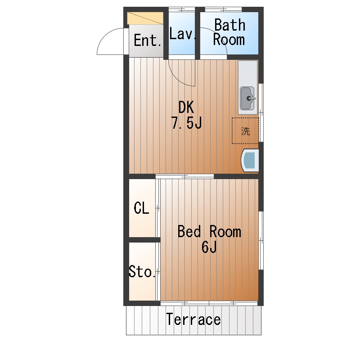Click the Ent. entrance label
pos(148,40)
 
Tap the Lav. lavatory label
pos(183,34)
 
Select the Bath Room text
pos(229,32)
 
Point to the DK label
pos(186,107)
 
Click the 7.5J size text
pos(186,123)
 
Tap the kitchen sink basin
pos(247,98)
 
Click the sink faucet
pos(251,98)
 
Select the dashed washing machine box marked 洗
pos(245,131)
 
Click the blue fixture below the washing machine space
pos(250,160)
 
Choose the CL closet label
pos(141,208)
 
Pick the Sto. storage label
pos(142,271)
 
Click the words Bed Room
pos(209,231)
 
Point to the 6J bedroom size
pos(209,247)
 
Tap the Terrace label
pos(193,319)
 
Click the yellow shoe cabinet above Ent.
pos(145,18)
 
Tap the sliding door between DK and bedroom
pos(185,176)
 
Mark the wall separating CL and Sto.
pos(144,240)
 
